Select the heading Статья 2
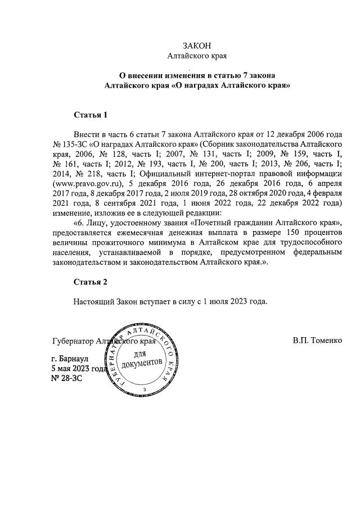[x=90, y=281]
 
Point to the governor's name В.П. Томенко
[x=317, y=341]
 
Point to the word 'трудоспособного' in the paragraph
[x=312, y=241]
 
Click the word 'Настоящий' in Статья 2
[x=93, y=301]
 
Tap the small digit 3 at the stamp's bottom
[x=145, y=390]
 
